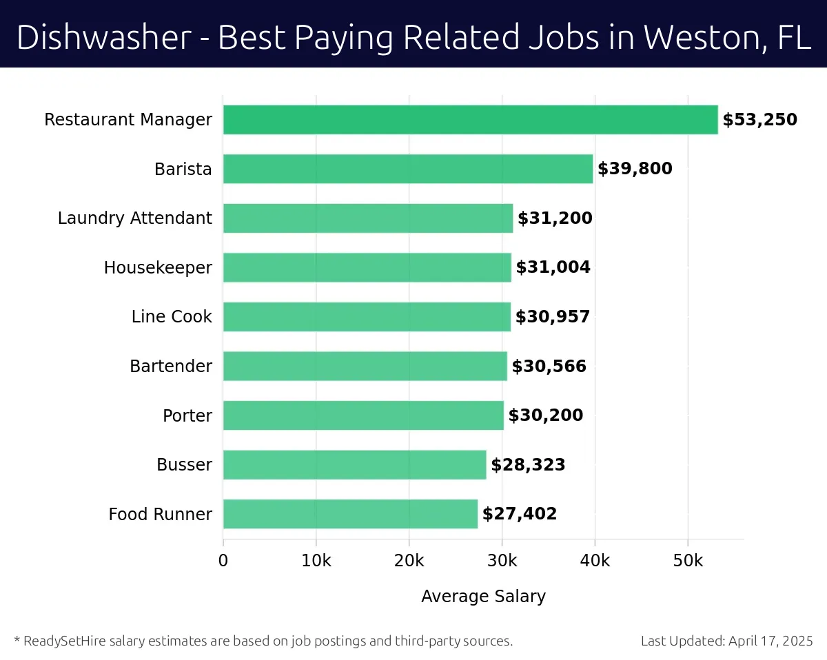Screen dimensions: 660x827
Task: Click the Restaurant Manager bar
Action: [x=470, y=120]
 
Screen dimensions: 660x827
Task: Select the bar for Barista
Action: [x=407, y=169]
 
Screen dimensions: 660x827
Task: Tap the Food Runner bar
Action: [x=350, y=514]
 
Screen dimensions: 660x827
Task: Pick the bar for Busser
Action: [x=354, y=465]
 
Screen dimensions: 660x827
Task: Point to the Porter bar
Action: [x=363, y=415]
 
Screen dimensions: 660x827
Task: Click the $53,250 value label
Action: [x=759, y=120]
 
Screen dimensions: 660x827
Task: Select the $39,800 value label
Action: [x=635, y=169]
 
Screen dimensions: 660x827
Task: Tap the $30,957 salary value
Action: [x=553, y=317]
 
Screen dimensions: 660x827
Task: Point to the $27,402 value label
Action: [x=520, y=514]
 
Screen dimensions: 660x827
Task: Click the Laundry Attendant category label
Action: [x=135, y=218]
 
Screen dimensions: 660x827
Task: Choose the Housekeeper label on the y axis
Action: [x=158, y=267]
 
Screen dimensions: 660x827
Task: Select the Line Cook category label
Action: [x=172, y=317]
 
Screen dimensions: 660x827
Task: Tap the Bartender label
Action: [x=171, y=366]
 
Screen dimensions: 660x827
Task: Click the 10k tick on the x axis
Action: [x=316, y=561]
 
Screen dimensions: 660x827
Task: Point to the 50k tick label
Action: [x=688, y=561]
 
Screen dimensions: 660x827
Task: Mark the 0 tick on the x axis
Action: [x=223, y=561]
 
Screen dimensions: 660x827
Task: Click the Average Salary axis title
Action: [x=483, y=597]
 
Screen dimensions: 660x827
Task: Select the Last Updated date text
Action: [x=727, y=641]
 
